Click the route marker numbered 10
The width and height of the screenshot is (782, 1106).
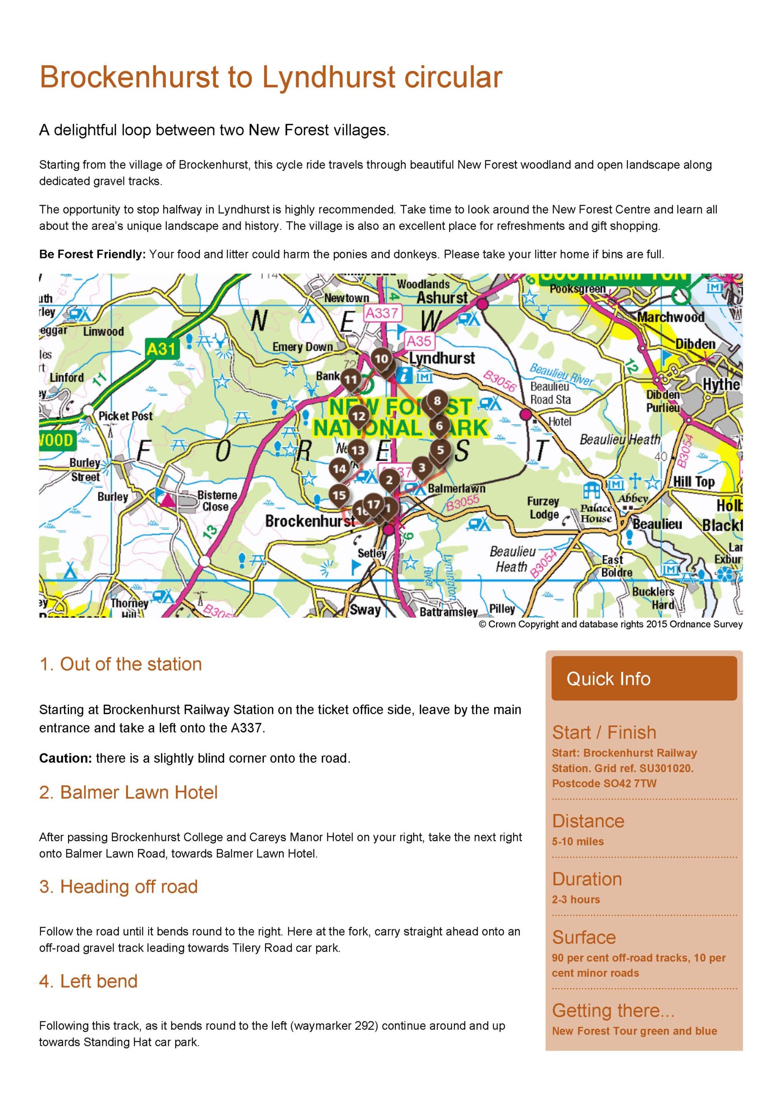[381, 359]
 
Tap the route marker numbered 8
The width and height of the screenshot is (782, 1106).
[437, 400]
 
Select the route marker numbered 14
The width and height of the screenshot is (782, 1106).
[339, 468]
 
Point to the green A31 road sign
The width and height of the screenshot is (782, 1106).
[162, 348]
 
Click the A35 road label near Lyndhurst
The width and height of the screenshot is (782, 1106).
[418, 341]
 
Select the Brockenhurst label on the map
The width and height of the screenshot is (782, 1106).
[310, 521]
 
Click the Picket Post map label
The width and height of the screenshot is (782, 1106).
[125, 416]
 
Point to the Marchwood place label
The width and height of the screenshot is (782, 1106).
[670, 317]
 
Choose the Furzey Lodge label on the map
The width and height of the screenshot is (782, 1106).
[544, 508]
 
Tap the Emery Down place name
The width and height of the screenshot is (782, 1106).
[302, 347]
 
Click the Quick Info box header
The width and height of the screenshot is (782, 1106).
[644, 678]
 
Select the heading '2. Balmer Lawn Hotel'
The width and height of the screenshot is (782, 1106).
[128, 792]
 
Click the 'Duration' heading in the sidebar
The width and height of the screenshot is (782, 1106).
[586, 879]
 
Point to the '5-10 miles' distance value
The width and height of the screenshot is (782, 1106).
[577, 842]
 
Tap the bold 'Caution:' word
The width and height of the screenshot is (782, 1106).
[66, 758]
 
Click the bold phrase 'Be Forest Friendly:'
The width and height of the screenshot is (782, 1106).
[92, 254]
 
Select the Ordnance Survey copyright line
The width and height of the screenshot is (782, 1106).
[610, 624]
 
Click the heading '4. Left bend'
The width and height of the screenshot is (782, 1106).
[88, 981]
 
